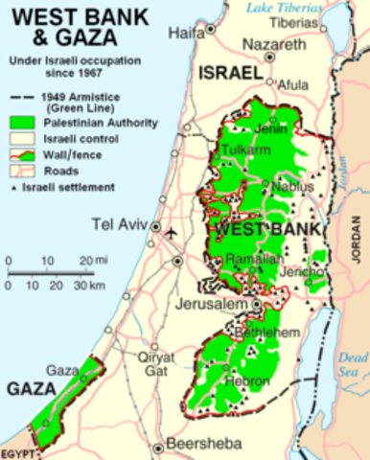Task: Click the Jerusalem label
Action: [x=213, y=304]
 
